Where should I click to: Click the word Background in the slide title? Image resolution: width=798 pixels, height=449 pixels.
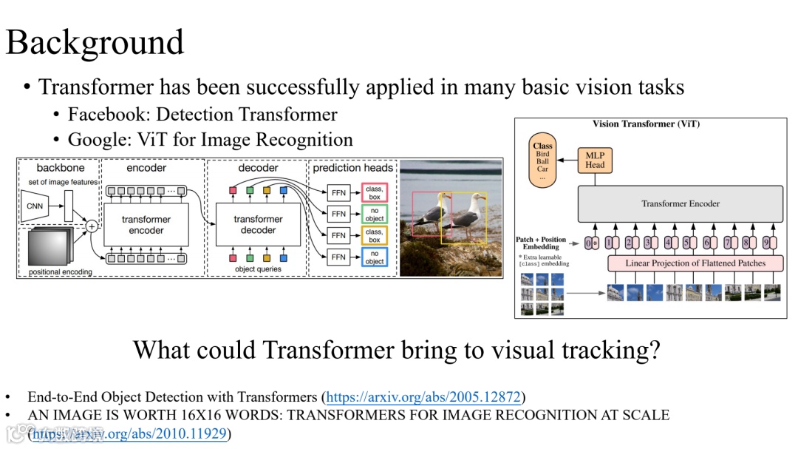95,42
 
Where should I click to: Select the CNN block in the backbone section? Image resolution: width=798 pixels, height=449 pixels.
35,206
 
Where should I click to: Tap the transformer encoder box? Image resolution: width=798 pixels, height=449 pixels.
146,225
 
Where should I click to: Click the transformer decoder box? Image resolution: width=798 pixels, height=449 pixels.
258,224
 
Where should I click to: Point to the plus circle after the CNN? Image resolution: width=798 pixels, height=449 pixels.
92,226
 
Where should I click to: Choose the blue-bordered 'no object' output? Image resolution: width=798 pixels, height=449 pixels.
375,257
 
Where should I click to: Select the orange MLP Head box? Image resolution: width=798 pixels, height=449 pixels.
595,160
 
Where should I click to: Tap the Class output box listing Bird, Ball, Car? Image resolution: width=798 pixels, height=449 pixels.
542,162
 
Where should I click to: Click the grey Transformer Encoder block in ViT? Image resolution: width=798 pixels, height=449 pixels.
680,203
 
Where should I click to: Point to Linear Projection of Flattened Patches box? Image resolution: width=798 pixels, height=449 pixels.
695,263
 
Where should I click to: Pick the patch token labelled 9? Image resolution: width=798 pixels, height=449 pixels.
765,242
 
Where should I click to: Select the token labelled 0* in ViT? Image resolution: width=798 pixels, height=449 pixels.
591,242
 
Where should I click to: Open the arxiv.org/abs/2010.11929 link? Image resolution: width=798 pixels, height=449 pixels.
130,433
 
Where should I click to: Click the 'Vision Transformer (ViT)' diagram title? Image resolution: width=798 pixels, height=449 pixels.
646,124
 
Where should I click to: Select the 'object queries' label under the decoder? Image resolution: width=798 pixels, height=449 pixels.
257,269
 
